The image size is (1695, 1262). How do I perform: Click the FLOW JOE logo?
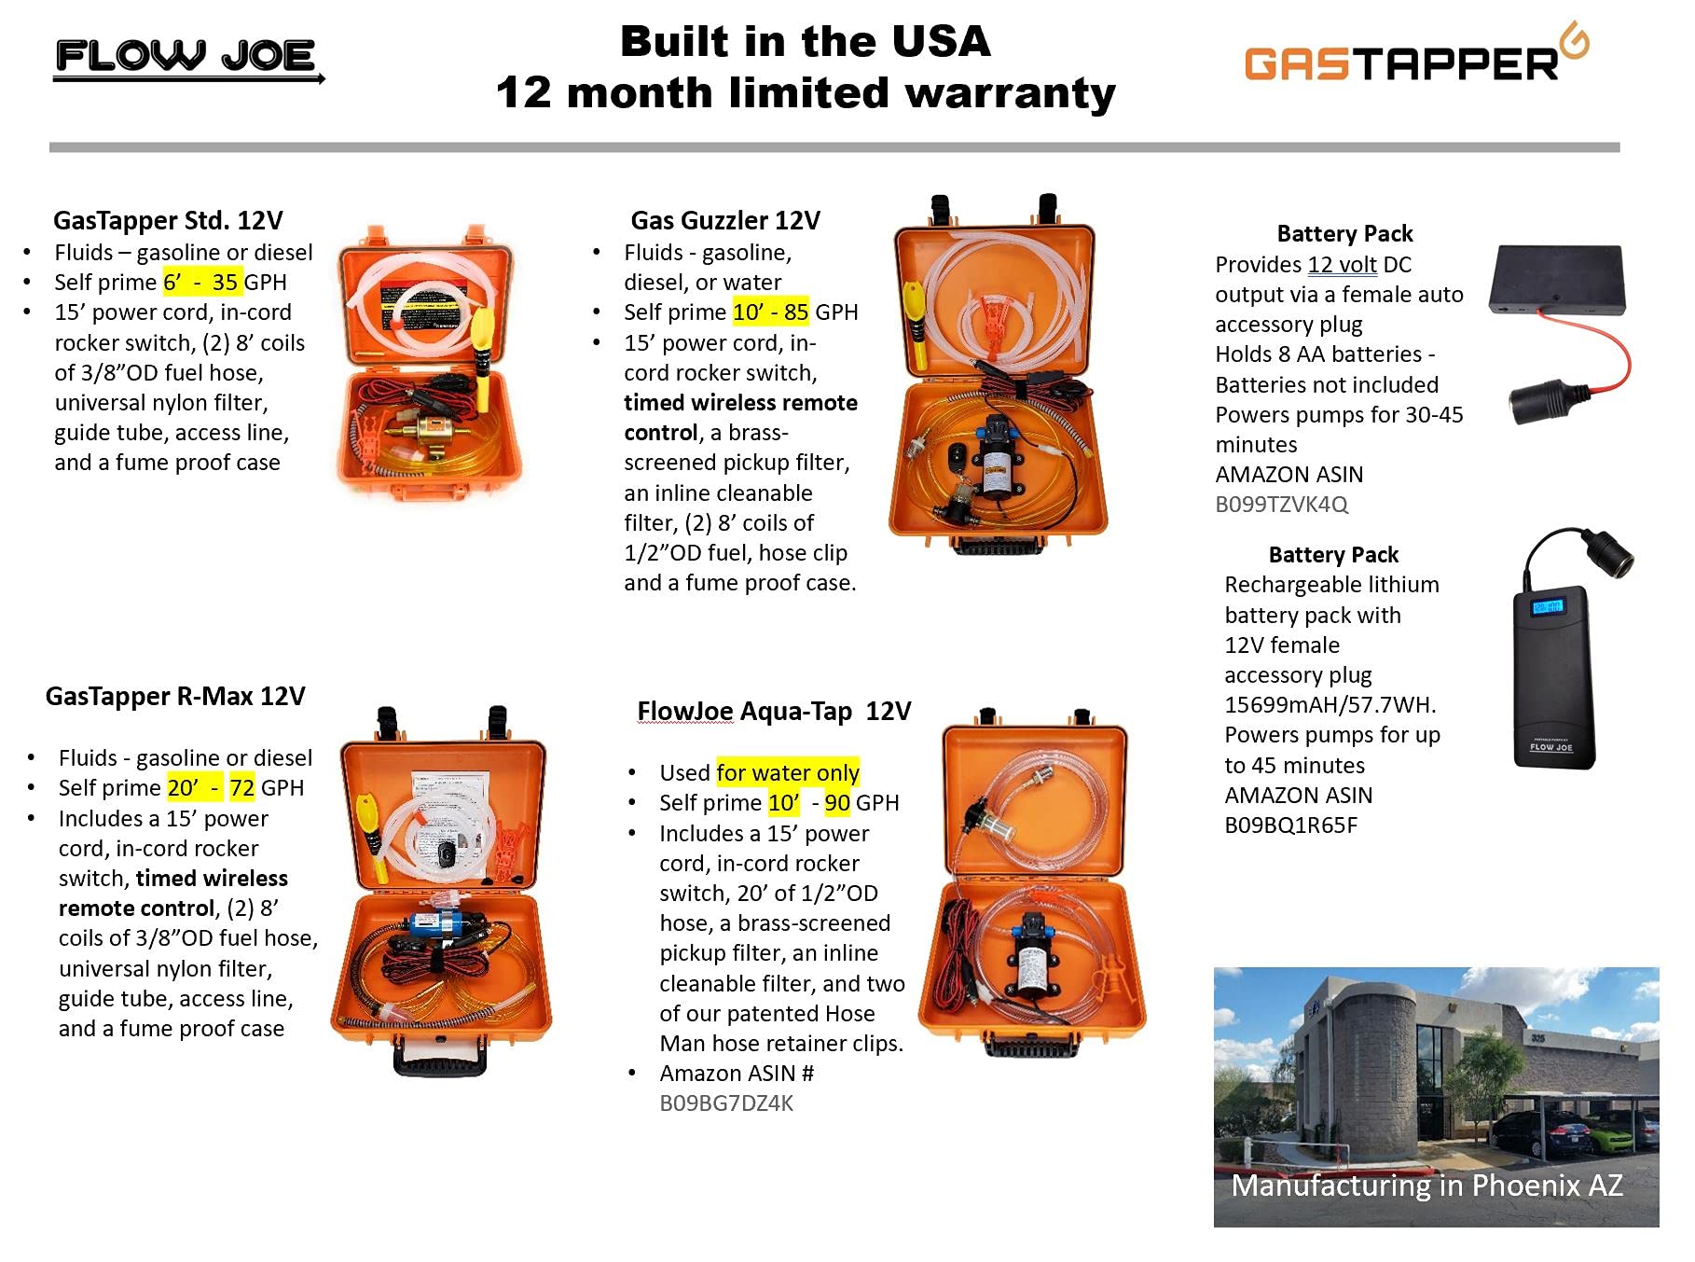click(x=186, y=58)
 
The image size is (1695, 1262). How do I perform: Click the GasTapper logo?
click(x=1413, y=60)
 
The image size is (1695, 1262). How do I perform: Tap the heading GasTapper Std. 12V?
click(x=168, y=221)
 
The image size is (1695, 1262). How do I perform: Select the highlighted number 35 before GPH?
click(x=225, y=283)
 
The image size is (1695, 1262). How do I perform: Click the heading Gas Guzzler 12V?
click(x=724, y=221)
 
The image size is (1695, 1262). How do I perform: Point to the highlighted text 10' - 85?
click(x=770, y=312)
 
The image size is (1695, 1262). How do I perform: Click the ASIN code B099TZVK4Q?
click(x=1281, y=505)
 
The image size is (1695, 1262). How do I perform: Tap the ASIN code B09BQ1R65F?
click(x=1290, y=825)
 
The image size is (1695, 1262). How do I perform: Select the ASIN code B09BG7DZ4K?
click(x=726, y=1103)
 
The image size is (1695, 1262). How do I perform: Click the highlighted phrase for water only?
click(x=788, y=773)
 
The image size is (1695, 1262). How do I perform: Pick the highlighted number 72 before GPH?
click(x=242, y=788)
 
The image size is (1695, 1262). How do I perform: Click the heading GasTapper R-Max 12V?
click(x=175, y=697)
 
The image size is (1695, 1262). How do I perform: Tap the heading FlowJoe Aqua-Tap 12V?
click(x=773, y=712)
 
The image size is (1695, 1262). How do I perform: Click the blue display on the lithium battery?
click(x=1547, y=607)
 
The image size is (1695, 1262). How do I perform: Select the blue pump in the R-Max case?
click(x=437, y=928)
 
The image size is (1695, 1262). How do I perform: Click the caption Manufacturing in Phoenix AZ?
click(x=1426, y=1186)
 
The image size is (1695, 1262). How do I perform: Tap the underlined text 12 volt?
click(x=1342, y=265)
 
